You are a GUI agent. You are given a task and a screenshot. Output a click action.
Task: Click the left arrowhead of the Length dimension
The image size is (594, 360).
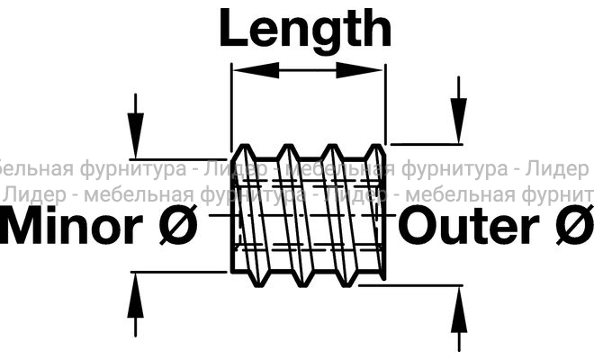click(x=245, y=71)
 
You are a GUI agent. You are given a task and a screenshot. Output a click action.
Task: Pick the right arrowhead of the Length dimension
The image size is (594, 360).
click(x=373, y=71)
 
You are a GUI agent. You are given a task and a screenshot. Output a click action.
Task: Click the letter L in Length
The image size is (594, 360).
click(x=236, y=29)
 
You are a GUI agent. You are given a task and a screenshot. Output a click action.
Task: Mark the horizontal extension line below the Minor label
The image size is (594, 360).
click(x=180, y=271)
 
